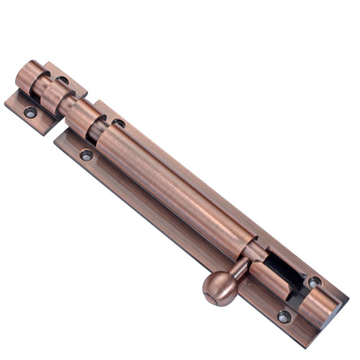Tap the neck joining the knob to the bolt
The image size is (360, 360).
[x=237, y=272]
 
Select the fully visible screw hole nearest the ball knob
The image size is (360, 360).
[x=283, y=315]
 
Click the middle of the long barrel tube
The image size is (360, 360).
[x=180, y=187]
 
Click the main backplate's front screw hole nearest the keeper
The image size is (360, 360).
[x=86, y=155]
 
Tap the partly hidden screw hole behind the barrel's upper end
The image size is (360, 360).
[x=119, y=124]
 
